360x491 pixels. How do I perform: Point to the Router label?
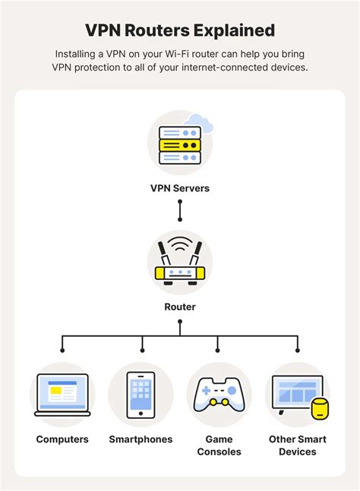[180, 307]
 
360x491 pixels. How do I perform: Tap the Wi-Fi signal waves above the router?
[180, 247]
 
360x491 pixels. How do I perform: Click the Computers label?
[62, 439]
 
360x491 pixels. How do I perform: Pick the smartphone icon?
[141, 395]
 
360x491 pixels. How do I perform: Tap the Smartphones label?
[141, 439]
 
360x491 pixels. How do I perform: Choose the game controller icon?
[219, 394]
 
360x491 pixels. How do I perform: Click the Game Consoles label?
[219, 445]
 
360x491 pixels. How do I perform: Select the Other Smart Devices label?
[297, 445]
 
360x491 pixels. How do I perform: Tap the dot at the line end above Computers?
[62, 350]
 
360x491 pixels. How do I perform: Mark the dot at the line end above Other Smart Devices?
[297, 350]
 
